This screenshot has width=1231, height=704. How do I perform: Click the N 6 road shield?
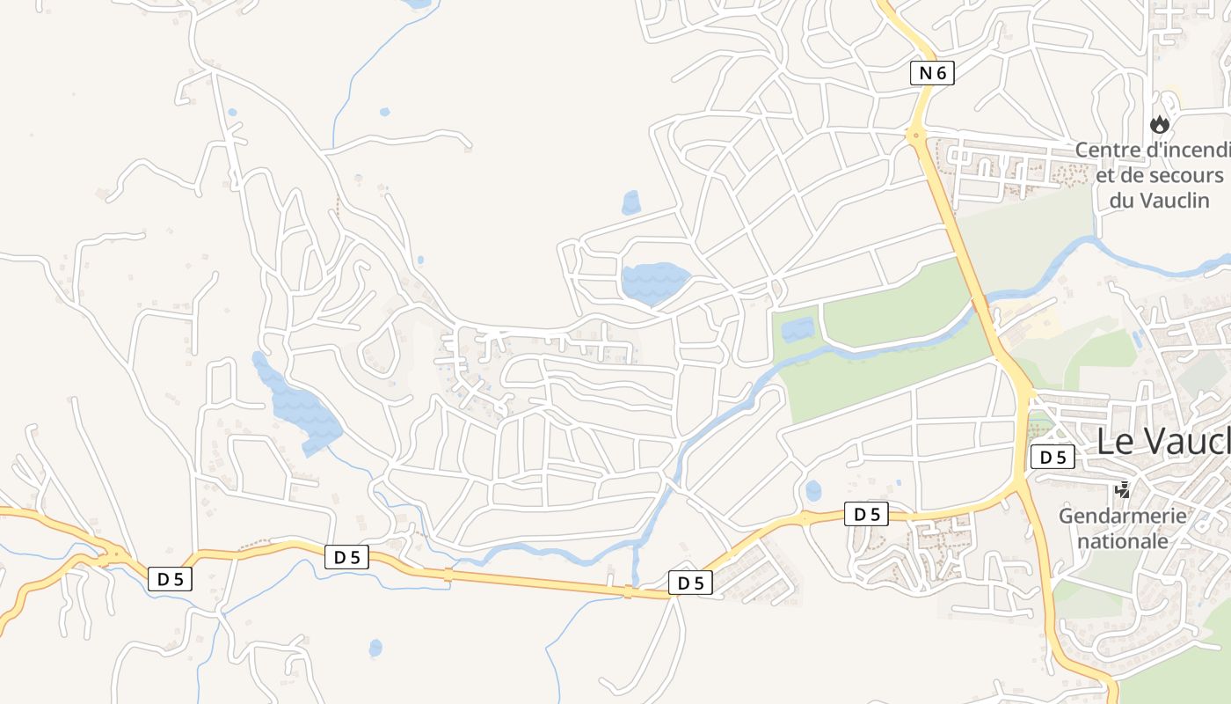point(932,73)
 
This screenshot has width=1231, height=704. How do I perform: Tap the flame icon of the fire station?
point(1160,124)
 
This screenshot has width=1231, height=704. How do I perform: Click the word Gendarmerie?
point(1122,516)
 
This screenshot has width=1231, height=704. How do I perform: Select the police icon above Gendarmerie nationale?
point(1122,489)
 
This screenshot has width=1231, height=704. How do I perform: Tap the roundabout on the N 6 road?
point(916,136)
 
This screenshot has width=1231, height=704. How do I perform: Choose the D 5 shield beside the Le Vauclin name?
point(1053,457)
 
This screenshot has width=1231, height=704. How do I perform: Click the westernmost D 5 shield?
point(170,578)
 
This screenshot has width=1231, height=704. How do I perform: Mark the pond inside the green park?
point(798,330)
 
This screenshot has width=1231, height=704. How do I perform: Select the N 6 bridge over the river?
point(981,305)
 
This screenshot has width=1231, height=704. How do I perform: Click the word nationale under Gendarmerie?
point(1122,540)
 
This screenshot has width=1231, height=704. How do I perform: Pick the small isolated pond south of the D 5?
point(375,649)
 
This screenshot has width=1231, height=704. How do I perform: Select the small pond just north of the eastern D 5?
point(813,490)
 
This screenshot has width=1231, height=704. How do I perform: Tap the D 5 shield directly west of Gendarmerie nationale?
point(866,514)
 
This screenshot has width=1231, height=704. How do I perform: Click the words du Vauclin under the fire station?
point(1159,200)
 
